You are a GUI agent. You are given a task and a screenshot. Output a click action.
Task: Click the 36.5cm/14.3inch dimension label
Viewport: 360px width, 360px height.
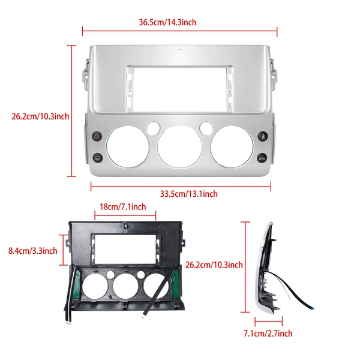coord(167,22)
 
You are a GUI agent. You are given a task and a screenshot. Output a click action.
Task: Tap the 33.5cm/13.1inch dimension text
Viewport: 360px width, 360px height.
coord(189,194)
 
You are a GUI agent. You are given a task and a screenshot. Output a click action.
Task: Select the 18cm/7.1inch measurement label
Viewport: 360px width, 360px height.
coord(123,207)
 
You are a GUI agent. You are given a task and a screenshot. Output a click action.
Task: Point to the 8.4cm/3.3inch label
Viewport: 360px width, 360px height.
coord(33,251)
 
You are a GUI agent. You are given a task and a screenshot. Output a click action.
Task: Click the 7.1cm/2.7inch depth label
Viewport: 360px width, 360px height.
coord(268,334)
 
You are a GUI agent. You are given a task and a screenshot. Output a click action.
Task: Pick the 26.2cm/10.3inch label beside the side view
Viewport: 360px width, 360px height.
coord(214,265)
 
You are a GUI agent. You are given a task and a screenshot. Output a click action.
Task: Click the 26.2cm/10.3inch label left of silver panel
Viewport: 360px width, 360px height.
coord(40,116)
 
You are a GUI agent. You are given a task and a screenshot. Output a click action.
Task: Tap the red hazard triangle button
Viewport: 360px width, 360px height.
coord(97,136)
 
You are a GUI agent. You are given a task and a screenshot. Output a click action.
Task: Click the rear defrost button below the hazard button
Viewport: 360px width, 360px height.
coord(97,158)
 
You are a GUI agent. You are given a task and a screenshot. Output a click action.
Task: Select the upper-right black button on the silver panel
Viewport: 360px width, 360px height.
coord(262,136)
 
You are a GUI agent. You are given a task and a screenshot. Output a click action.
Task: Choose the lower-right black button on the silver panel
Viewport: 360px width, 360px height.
coord(262,158)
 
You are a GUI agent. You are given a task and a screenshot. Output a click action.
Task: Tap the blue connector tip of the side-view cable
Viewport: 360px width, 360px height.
coord(312,308)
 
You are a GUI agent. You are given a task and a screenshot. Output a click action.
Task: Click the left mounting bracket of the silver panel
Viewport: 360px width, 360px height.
coord(86,73)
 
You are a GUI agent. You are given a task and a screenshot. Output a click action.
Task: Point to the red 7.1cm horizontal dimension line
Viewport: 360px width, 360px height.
coord(269,321)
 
